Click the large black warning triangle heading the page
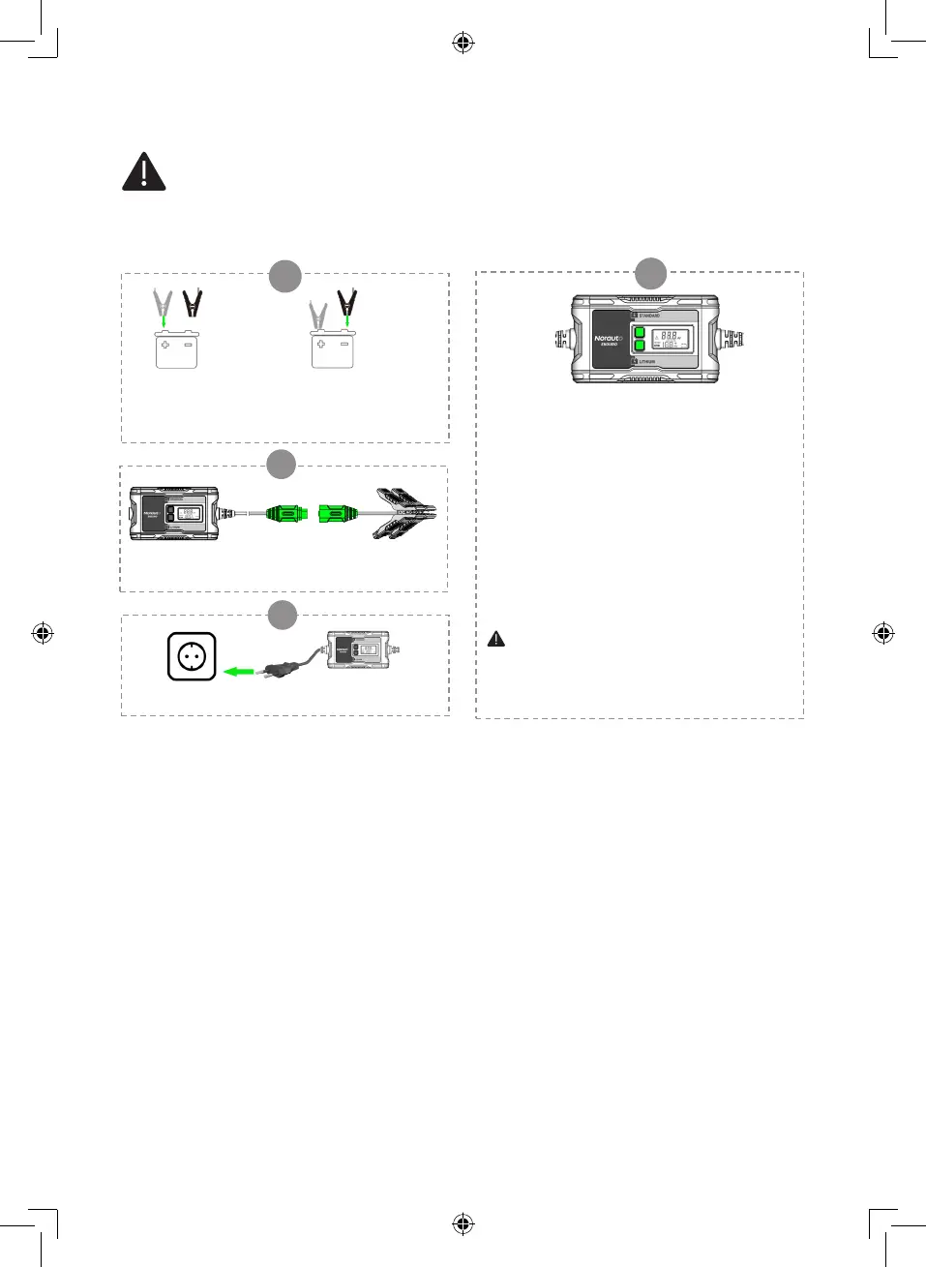(143, 172)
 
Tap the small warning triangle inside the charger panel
(496, 639)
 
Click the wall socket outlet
(192, 657)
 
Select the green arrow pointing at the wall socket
(238, 671)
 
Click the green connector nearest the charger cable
(285, 512)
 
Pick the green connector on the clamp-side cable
(335, 512)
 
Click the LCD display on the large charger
(670, 339)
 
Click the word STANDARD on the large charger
(649, 316)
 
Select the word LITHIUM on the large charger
(647, 362)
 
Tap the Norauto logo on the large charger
(609, 339)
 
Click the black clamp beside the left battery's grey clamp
(193, 303)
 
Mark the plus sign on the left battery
(165, 344)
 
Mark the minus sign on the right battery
(344, 344)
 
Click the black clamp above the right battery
(346, 303)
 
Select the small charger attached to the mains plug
(358, 651)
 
